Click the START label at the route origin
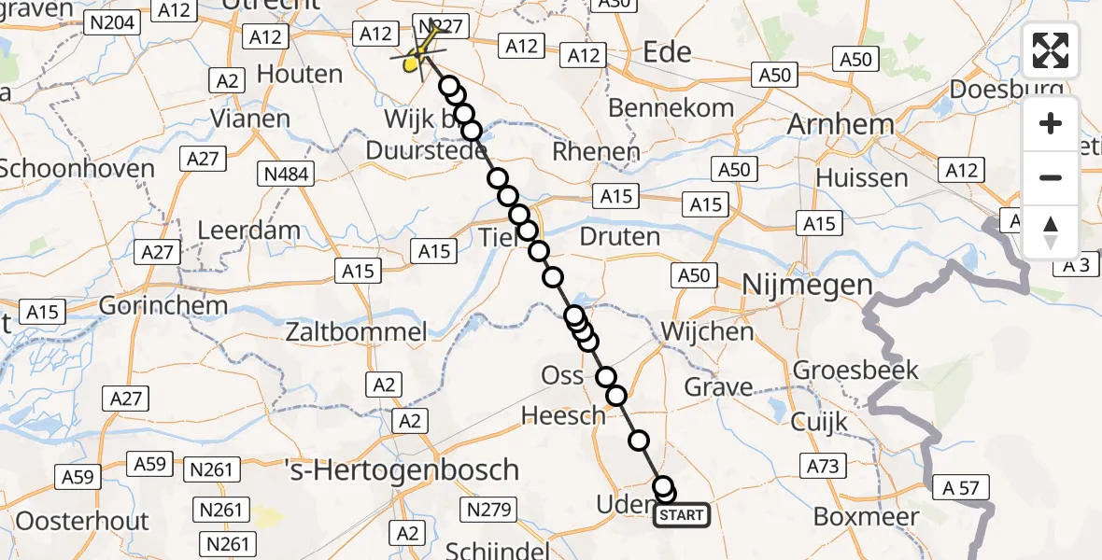[x=682, y=515]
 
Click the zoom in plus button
[x=1051, y=124]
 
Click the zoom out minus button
[x=1051, y=177]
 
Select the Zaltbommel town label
[x=357, y=331]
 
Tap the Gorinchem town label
[x=148, y=305]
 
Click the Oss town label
[x=562, y=376]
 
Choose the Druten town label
[x=619, y=236]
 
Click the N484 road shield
[x=287, y=174]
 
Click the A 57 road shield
[x=960, y=486]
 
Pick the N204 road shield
[x=112, y=23]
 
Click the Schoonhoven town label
[x=78, y=169]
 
